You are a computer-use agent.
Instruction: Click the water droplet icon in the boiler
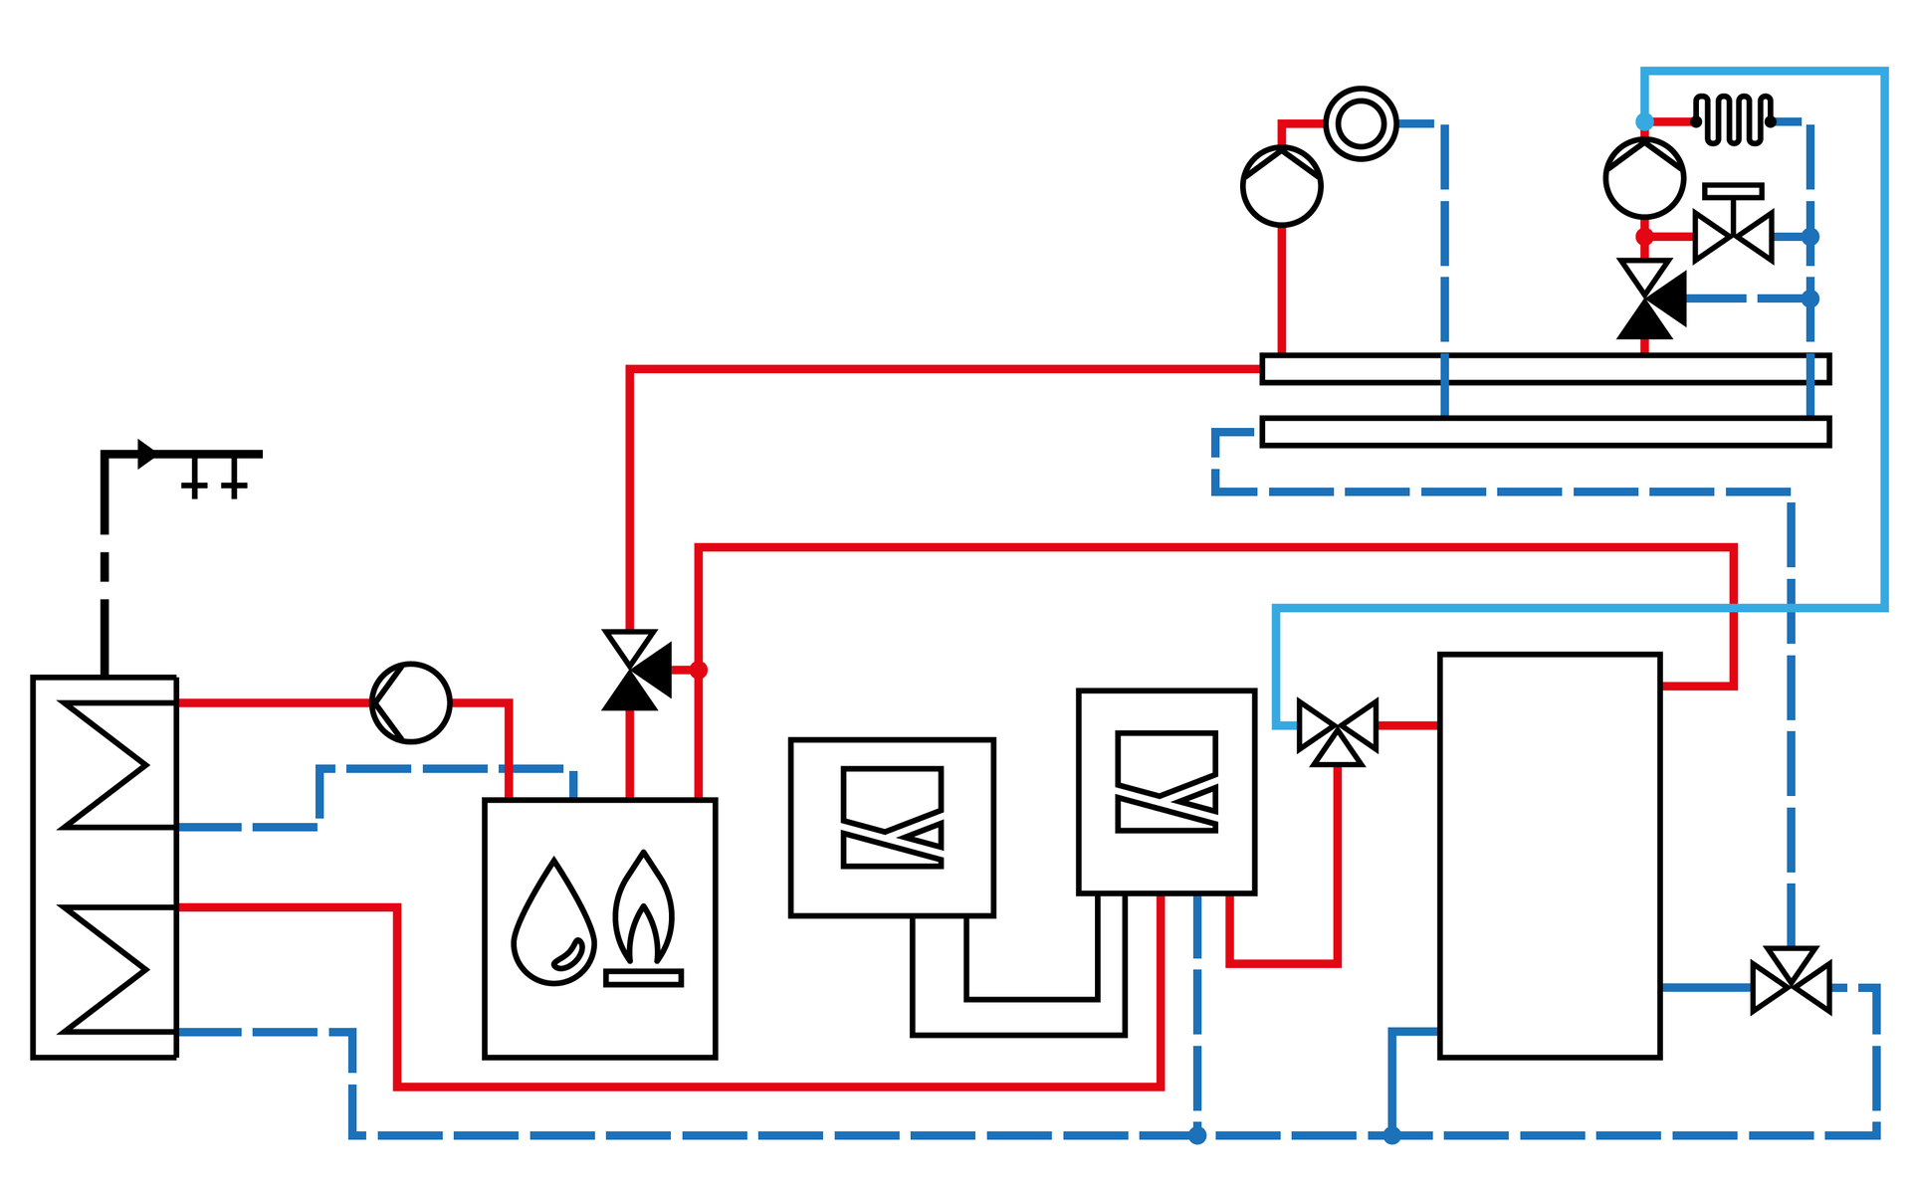(553, 925)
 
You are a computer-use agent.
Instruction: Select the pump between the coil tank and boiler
(410, 702)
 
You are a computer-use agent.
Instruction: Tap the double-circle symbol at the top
(1361, 124)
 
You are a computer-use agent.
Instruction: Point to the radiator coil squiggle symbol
(1733, 120)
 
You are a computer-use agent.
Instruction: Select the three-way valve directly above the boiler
(633, 670)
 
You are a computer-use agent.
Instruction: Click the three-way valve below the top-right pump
(1647, 298)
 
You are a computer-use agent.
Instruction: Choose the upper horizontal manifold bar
(1545, 369)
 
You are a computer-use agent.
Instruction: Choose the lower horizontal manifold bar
(1545, 432)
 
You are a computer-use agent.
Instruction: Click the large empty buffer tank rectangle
(1550, 856)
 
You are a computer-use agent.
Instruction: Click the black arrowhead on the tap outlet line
(146, 454)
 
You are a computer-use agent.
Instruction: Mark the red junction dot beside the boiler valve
(699, 670)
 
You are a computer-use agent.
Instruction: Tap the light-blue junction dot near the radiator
(1644, 121)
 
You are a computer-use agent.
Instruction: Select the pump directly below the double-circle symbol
(1282, 186)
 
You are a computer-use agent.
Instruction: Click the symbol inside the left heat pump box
(892, 818)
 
